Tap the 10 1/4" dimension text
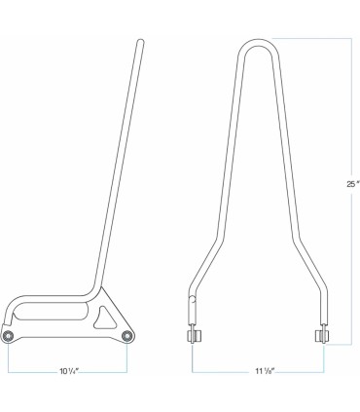[67, 372]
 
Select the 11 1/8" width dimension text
[260, 372]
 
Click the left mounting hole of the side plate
[9, 336]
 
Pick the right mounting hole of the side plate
[127, 336]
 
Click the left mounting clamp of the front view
[194, 336]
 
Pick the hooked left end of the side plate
[8, 312]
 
